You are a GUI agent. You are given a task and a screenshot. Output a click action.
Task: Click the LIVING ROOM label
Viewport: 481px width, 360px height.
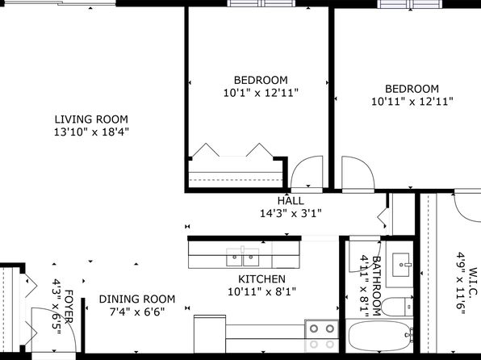coord(91,119)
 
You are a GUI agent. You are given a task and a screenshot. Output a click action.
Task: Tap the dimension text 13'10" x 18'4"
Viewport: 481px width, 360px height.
coord(91,132)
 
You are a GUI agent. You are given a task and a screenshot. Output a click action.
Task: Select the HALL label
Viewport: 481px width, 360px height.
coord(291,201)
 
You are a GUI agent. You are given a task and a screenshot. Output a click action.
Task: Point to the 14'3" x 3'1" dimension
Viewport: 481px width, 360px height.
coord(291,213)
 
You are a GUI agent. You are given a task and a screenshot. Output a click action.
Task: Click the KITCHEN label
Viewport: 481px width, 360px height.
coord(261,279)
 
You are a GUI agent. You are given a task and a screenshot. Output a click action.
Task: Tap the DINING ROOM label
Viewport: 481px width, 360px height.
coord(137,299)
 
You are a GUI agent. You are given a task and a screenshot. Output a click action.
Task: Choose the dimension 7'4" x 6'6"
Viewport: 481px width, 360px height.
coord(137,312)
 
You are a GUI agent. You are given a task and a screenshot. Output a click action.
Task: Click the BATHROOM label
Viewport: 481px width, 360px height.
coord(377,286)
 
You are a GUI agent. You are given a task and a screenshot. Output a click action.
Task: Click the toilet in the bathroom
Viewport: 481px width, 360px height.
coord(397,307)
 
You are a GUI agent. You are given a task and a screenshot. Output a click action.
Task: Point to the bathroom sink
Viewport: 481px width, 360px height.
coord(401,265)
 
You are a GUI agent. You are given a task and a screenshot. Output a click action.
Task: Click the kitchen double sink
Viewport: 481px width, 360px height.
coord(242,257)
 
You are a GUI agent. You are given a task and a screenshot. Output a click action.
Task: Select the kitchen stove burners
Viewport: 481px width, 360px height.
coord(321,336)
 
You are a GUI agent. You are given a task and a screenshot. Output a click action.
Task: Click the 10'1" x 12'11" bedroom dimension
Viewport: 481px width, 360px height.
coord(261,92)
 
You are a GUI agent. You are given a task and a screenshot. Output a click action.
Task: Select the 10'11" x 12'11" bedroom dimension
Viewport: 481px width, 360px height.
coord(412,101)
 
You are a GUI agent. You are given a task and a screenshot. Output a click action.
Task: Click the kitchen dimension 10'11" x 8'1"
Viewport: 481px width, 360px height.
coord(261,291)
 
